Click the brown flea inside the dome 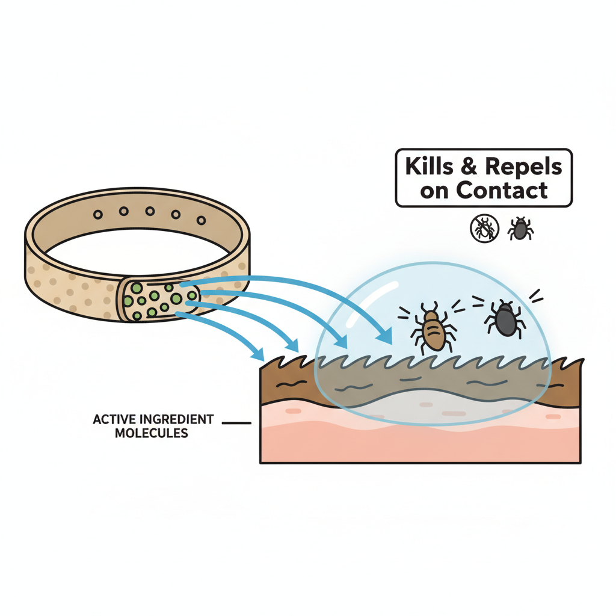click(433, 330)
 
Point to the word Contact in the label click(502, 190)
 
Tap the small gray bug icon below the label click(520, 229)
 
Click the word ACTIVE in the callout click(114, 419)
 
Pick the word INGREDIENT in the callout click(175, 419)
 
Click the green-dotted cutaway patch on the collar click(160, 298)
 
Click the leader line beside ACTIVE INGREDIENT click(236, 423)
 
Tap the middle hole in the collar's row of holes click(150, 211)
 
